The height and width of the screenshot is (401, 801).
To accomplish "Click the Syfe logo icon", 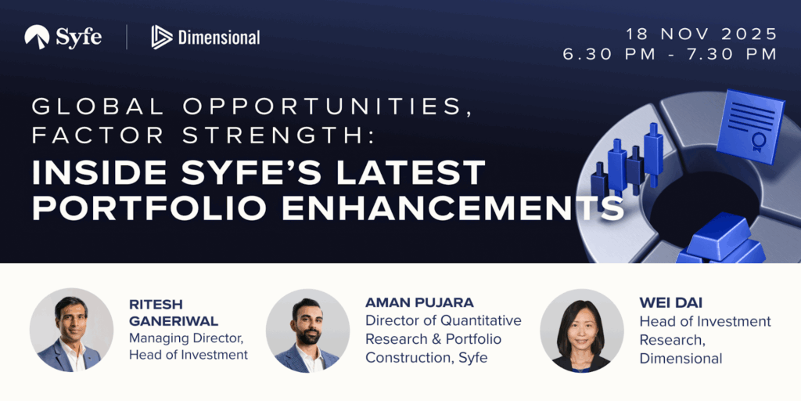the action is point(37,38).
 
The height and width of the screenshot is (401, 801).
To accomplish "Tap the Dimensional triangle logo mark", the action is point(161,38).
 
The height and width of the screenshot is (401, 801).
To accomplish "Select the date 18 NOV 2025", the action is point(702,34).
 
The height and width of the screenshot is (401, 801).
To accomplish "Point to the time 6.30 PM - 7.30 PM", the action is point(670,54).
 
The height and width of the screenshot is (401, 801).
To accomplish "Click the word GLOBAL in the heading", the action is point(95,107).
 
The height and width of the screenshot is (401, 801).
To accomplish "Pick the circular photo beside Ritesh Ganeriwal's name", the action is point(71,330).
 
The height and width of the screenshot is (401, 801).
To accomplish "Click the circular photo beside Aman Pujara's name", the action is point(307,331).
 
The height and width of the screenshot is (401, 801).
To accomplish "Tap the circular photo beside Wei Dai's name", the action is point(582,331).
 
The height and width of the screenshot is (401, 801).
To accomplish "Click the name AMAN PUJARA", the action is point(419,303).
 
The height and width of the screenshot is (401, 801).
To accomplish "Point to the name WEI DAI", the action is point(670,303).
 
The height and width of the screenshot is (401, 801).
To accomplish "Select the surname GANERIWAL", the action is point(174,322).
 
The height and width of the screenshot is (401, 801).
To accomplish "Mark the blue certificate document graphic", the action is point(750,126).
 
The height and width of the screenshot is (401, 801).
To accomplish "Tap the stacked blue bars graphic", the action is point(721,240).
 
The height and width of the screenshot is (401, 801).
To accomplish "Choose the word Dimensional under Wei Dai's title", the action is point(681,359).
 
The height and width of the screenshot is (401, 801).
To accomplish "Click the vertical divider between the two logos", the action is point(127,38).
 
